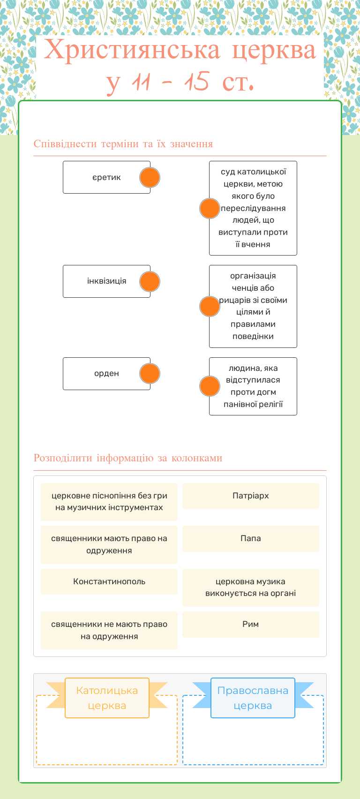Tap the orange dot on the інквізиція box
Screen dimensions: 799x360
point(150,281)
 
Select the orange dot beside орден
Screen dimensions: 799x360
point(150,374)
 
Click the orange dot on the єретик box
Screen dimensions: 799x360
point(150,178)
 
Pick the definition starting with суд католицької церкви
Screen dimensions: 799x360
point(253,208)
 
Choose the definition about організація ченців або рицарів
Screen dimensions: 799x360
point(253,306)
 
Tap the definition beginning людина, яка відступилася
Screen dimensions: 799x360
point(253,386)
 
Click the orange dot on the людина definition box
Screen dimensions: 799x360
point(210,386)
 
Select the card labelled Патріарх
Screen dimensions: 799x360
point(251,496)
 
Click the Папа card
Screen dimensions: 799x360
point(251,538)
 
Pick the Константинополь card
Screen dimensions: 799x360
point(109,581)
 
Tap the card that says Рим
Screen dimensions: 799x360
point(251,624)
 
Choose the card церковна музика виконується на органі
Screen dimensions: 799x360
point(251,588)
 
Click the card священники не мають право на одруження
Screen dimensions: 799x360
point(109,630)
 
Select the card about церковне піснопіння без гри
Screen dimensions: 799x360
point(109,502)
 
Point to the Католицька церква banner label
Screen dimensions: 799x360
point(107,698)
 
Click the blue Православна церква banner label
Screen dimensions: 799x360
point(253,698)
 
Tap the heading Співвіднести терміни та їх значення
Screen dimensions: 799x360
point(123,144)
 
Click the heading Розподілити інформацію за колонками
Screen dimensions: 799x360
point(128,458)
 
